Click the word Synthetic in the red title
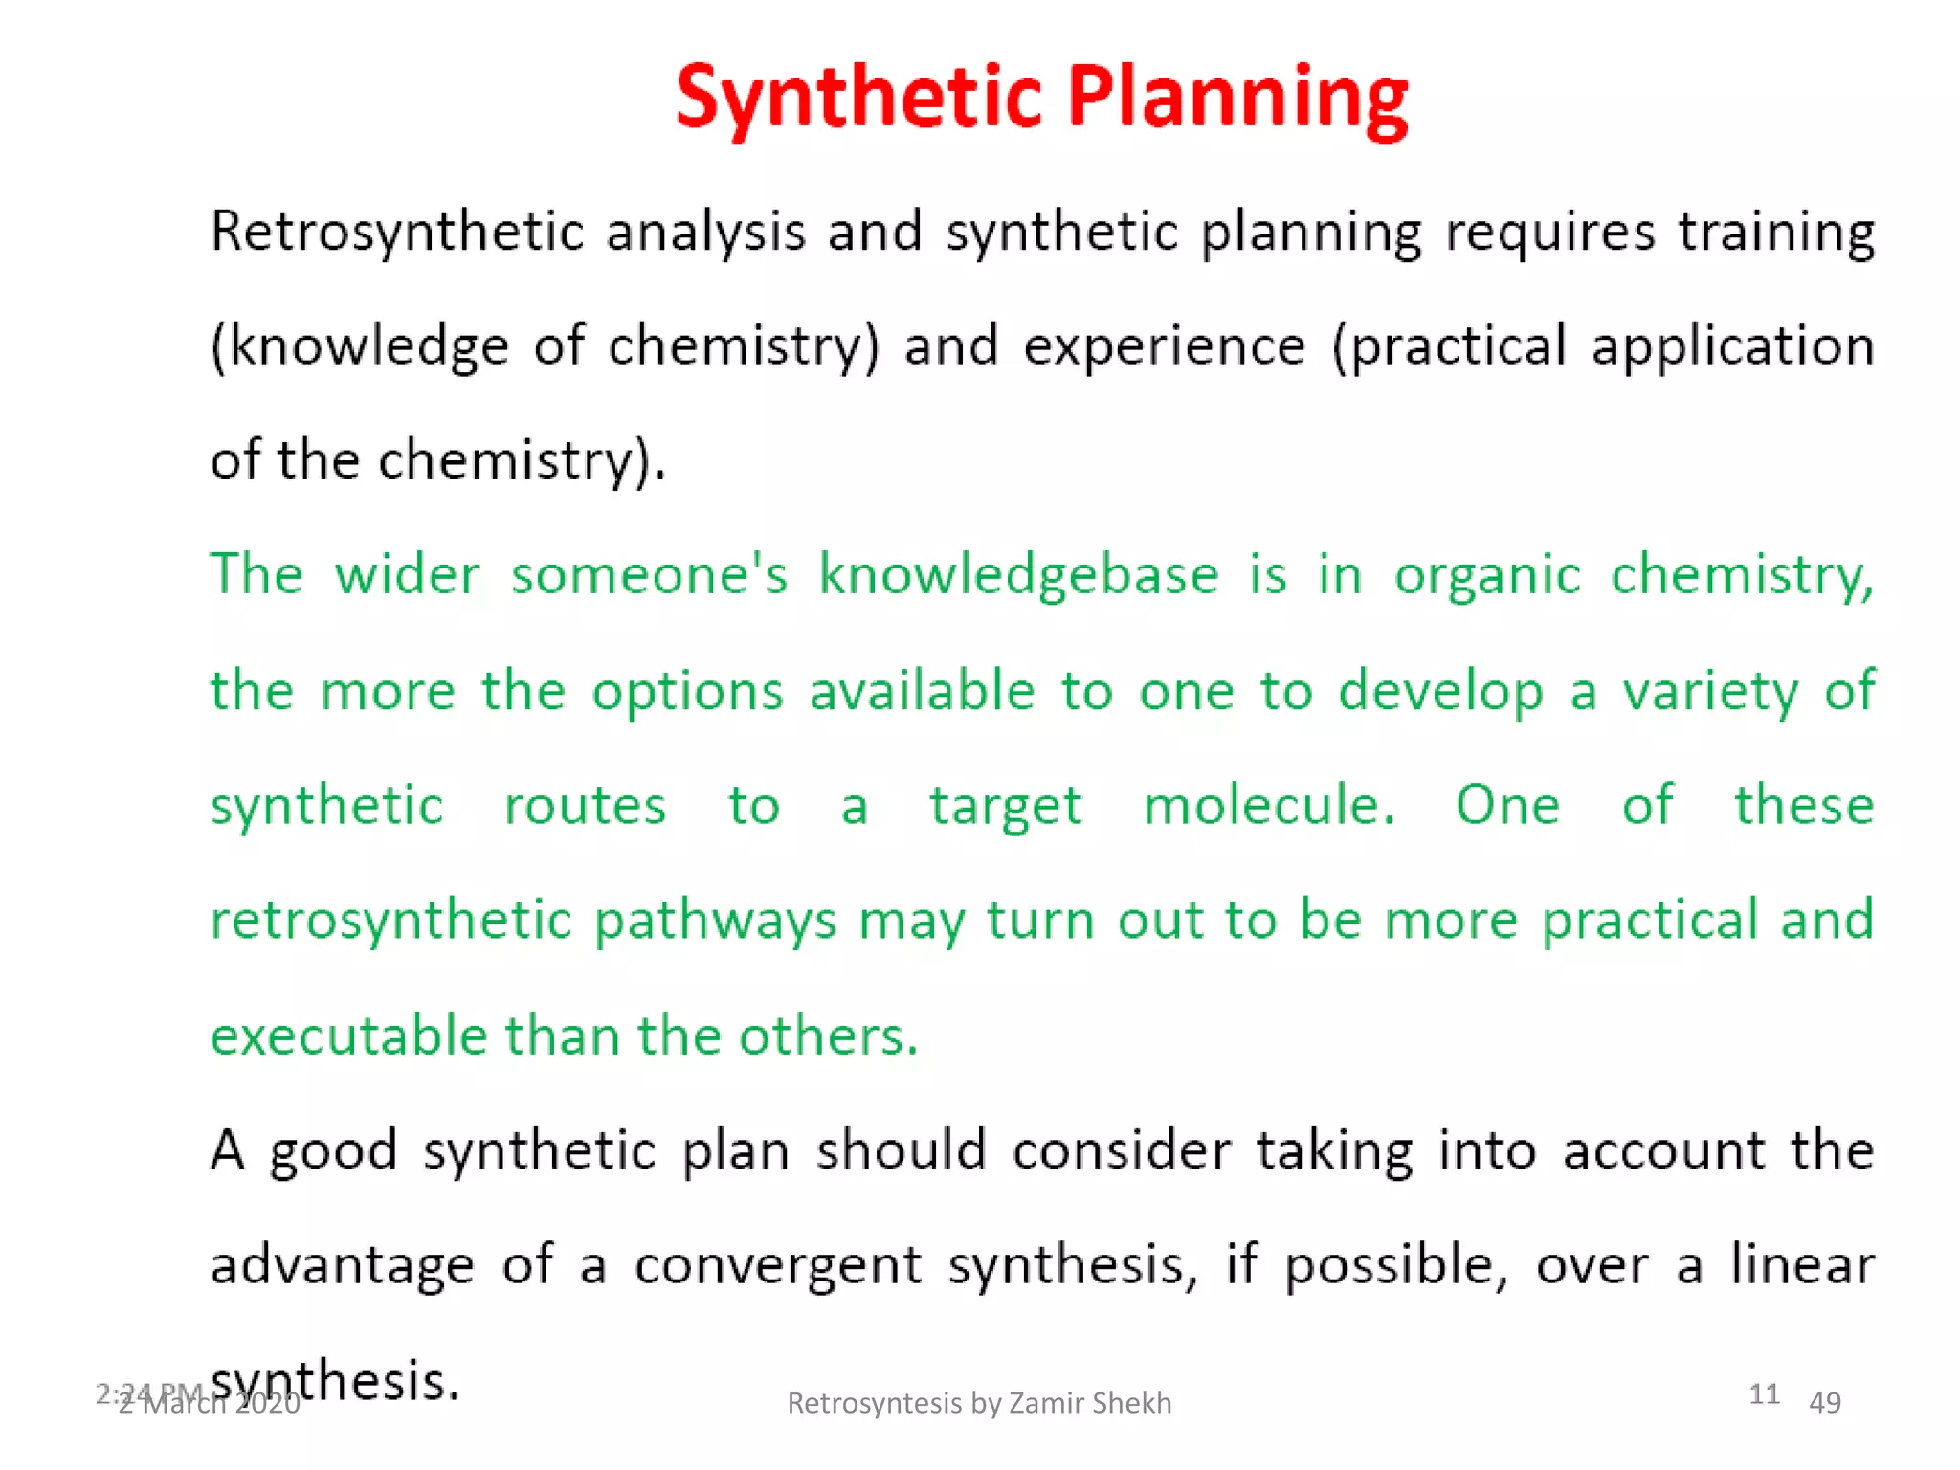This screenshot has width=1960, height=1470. (x=858, y=98)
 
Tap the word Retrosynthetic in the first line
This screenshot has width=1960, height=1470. (x=397, y=234)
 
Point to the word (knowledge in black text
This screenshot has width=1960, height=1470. (x=359, y=347)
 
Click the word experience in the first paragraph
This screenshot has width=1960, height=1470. (x=1164, y=347)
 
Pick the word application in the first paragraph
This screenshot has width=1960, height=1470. (x=1732, y=347)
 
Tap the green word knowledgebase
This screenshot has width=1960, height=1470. (x=1018, y=576)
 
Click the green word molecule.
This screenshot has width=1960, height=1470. (x=1269, y=806)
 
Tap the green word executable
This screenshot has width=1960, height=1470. (x=348, y=1036)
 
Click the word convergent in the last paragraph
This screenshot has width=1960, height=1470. (x=777, y=1266)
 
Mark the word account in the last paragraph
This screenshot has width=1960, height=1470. (x=1663, y=1151)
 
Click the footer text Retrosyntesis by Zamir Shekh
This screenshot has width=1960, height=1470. (x=979, y=1403)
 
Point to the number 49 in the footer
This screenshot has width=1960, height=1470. (x=1825, y=1403)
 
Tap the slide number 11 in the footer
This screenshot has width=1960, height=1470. (x=1764, y=1394)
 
